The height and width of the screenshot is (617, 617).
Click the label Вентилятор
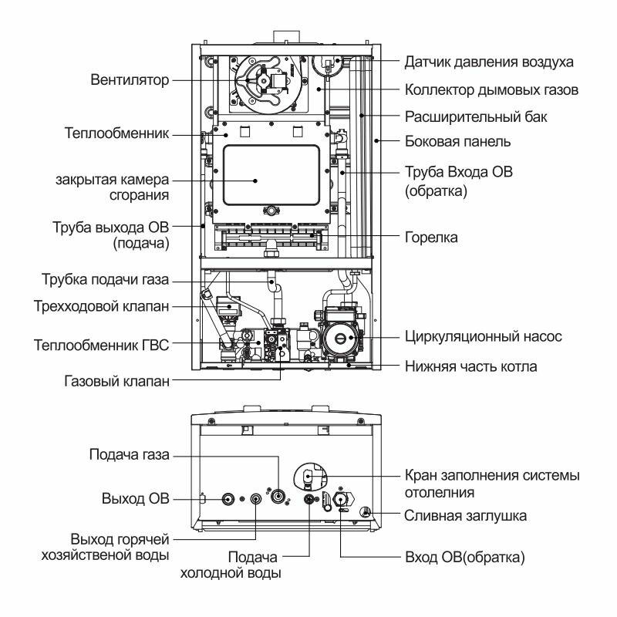coord(130,79)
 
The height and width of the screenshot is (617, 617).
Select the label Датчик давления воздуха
coord(489,61)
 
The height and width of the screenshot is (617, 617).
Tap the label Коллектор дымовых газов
coord(491,89)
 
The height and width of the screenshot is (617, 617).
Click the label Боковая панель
coord(457,142)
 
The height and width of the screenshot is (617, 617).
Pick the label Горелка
coord(431,238)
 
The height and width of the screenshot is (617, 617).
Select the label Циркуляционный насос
coord(483,338)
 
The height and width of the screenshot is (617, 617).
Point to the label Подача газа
coord(129,454)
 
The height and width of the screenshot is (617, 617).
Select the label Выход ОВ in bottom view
coord(135,497)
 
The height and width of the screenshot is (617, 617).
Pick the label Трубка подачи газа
coord(105,278)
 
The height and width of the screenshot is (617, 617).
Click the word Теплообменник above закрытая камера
coord(116,133)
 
